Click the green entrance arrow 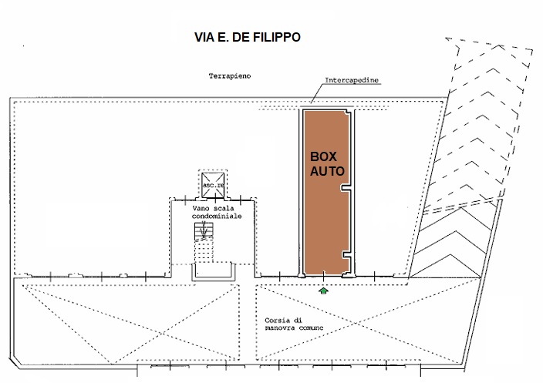point(323,291)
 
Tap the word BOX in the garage point(323,156)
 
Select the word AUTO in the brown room point(327,171)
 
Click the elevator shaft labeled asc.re point(213,185)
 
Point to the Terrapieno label point(230,76)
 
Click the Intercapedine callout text point(352,80)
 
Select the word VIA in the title point(204,37)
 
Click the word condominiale point(217,217)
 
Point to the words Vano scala point(214,208)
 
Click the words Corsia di point(283,321)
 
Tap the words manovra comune point(294,328)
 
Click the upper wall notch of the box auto point(346,188)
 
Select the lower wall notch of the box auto point(347,255)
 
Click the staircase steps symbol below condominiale point(204,231)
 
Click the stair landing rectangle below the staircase point(214,272)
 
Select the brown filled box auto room point(326,193)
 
